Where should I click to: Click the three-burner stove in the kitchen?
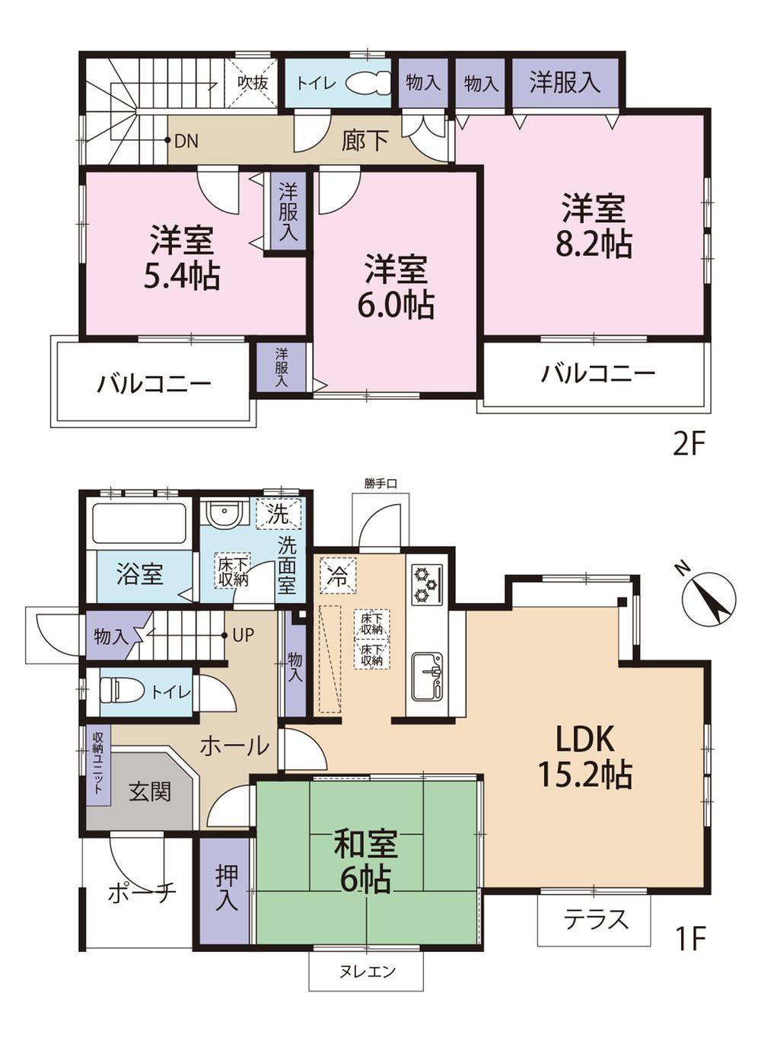[x=427, y=585]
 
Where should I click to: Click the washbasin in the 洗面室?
[x=223, y=512]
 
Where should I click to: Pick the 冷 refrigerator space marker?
[x=339, y=578]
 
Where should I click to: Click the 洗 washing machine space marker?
[x=279, y=513]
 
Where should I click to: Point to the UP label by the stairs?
[x=243, y=635]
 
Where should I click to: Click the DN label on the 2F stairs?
[x=186, y=141]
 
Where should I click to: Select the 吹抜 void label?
[x=253, y=82]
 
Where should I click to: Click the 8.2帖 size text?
[x=594, y=243]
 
